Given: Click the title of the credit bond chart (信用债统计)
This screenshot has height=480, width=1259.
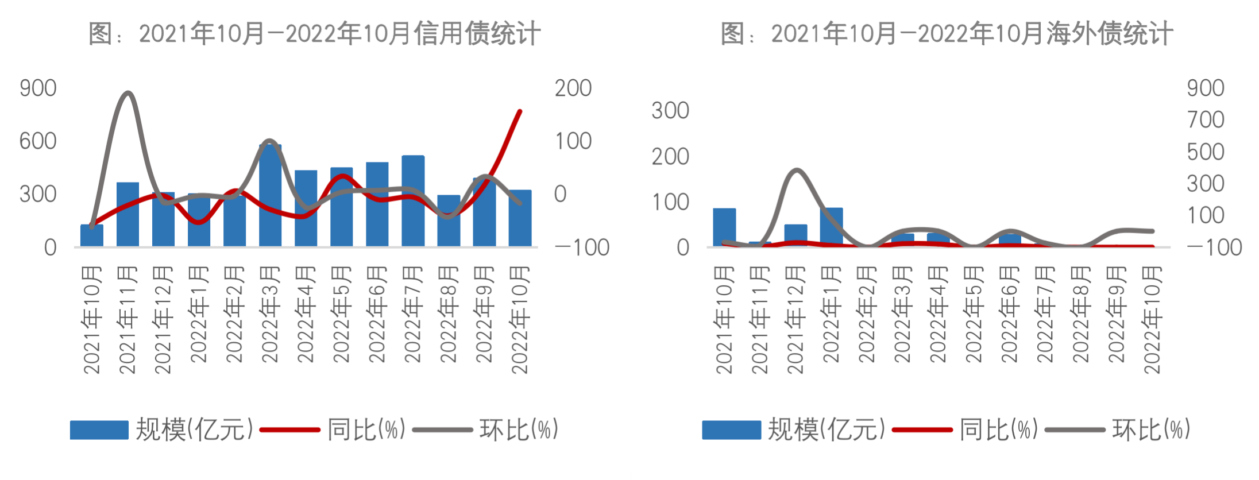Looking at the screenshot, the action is click(x=314, y=33).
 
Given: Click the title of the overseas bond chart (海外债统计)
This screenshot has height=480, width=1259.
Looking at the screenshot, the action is click(x=947, y=33).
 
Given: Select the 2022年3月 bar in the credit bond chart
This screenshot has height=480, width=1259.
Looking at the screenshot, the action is click(x=270, y=195).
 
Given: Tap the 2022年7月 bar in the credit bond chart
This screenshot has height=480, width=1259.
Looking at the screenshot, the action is click(x=413, y=201).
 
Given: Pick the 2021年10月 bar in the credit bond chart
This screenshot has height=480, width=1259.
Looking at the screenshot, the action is click(x=92, y=235).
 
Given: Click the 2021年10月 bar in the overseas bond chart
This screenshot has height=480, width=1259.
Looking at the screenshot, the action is click(x=724, y=227).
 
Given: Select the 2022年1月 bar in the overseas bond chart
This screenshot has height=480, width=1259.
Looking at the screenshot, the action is click(x=831, y=227).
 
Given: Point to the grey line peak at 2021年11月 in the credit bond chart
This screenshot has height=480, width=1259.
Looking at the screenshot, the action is click(x=128, y=93).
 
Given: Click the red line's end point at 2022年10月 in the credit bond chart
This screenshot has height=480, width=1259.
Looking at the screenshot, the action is click(x=520, y=111).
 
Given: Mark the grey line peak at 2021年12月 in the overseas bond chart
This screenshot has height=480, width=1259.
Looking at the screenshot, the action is click(x=796, y=171).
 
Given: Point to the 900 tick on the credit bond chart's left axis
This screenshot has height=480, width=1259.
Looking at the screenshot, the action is click(x=38, y=88).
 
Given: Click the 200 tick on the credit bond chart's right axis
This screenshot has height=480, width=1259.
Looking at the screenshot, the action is click(x=573, y=88).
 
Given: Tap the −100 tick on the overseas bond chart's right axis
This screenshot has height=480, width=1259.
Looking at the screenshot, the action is click(x=1214, y=247).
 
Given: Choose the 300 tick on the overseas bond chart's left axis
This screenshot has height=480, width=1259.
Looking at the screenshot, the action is click(x=670, y=110).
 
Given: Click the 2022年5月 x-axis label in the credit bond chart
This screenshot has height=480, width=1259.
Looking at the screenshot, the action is click(x=341, y=314).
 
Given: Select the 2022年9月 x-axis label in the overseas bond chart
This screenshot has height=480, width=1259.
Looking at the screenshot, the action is click(x=1117, y=314).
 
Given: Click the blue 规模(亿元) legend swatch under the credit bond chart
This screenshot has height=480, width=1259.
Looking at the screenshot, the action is click(x=99, y=430).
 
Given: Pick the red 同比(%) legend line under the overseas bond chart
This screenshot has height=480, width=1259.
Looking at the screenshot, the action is click(x=922, y=429).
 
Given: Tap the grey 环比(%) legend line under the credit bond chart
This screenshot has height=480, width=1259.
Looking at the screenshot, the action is click(x=442, y=429).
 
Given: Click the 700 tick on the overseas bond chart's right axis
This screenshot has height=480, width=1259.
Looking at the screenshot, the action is click(x=1206, y=120).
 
